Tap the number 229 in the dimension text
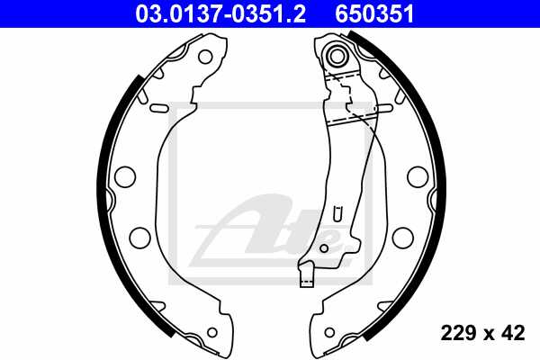tap(459, 334)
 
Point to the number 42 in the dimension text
tap(514, 334)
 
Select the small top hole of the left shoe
tap(205, 57)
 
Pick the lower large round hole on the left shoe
tap(139, 236)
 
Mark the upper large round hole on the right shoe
tap(417, 175)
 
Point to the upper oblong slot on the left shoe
tap(160, 108)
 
